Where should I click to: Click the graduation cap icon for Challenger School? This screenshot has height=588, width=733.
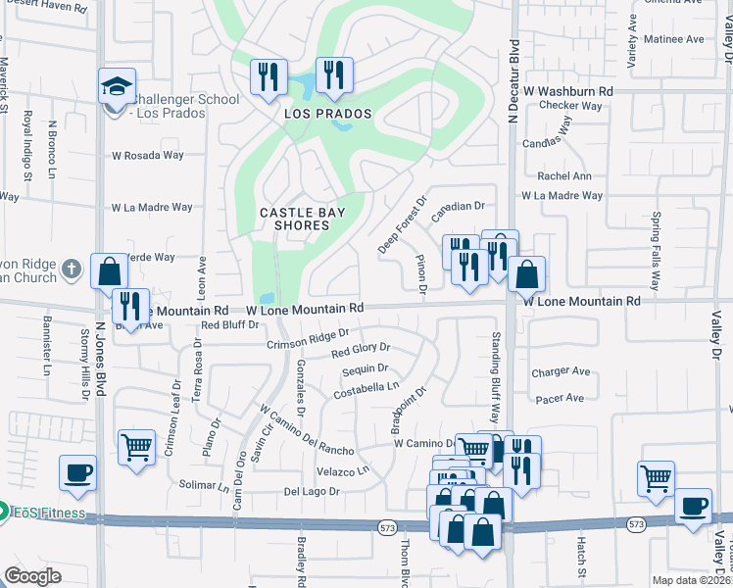point(117,87)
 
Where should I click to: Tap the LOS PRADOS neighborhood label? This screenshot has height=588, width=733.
point(328,114)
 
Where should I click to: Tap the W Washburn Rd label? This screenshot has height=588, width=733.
point(567,90)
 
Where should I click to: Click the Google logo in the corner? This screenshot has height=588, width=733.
point(32,575)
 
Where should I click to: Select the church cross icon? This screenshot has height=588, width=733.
point(70,269)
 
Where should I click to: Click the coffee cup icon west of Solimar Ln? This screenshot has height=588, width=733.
point(77,472)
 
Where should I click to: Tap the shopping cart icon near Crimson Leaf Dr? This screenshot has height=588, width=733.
point(136,447)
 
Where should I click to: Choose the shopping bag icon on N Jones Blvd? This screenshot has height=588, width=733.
point(110,270)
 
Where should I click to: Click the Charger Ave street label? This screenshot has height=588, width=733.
point(561,372)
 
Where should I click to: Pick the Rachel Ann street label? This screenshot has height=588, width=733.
point(564,176)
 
